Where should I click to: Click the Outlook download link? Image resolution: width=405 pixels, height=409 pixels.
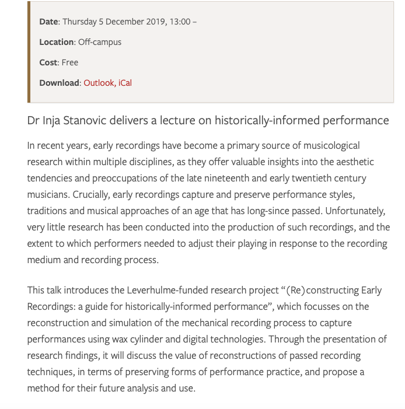pyautogui.click(x=99, y=83)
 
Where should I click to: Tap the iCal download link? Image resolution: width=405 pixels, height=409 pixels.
pyautogui.click(x=125, y=83)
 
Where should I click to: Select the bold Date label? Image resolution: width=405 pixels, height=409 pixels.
pyautogui.click(x=48, y=22)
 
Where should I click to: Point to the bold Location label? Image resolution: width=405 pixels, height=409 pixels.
pyautogui.click(x=57, y=42)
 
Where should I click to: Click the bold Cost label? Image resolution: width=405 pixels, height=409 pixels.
pyautogui.click(x=48, y=62)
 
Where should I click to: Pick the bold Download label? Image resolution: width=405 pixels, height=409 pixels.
pyautogui.click(x=59, y=83)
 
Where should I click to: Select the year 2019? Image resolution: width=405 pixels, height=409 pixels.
pyautogui.click(x=153, y=22)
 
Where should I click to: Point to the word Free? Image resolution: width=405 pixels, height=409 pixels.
pyautogui.click(x=69, y=62)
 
